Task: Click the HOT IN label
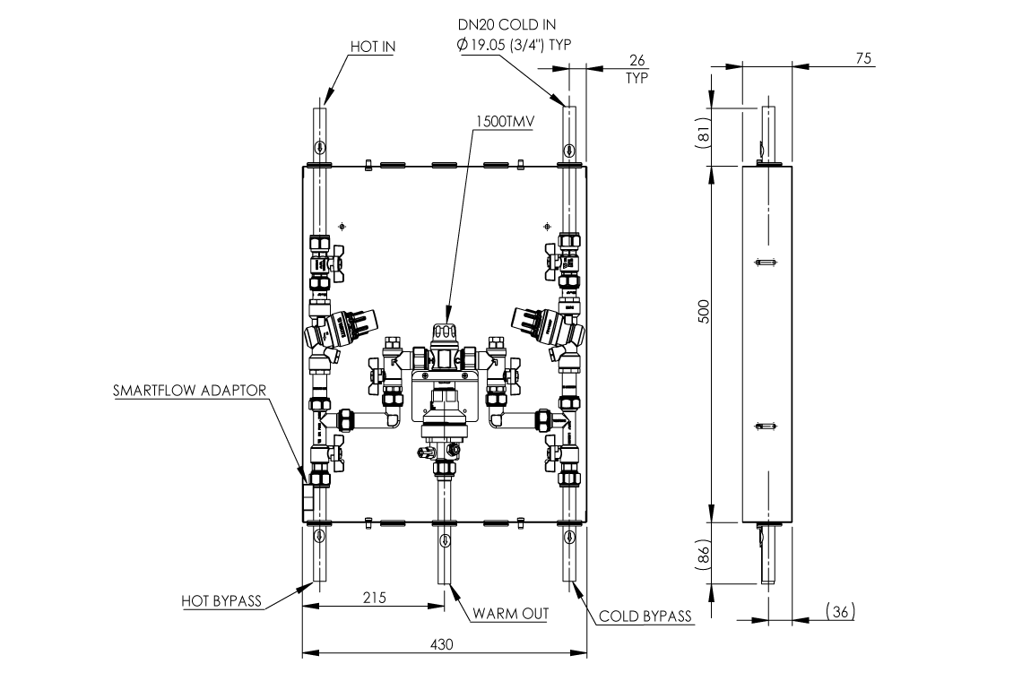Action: click(372, 47)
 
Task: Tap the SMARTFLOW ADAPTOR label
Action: click(191, 392)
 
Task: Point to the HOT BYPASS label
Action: click(221, 601)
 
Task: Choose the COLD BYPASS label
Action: click(645, 616)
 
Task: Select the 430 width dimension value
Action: click(443, 644)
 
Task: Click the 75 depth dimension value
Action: click(864, 57)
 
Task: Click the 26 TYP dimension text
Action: click(637, 68)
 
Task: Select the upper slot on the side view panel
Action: click(764, 262)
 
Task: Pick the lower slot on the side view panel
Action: click(764, 425)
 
